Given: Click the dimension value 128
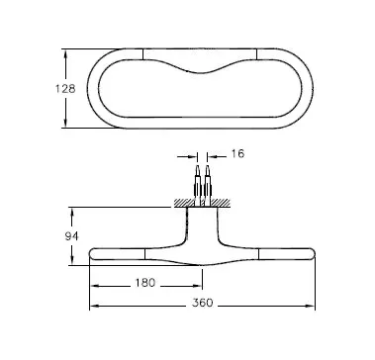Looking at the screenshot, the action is [x=65, y=89].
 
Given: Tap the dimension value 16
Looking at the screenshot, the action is [x=237, y=153].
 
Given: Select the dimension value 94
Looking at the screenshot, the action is [x=71, y=236].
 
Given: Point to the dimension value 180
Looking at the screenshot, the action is [x=144, y=283].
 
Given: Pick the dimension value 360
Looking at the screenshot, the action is [x=203, y=303].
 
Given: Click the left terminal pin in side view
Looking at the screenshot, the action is [x=197, y=186].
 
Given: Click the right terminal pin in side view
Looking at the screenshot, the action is [x=208, y=186].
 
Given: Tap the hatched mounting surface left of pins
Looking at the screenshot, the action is [x=184, y=203].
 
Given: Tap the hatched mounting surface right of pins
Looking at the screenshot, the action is [x=221, y=203].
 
